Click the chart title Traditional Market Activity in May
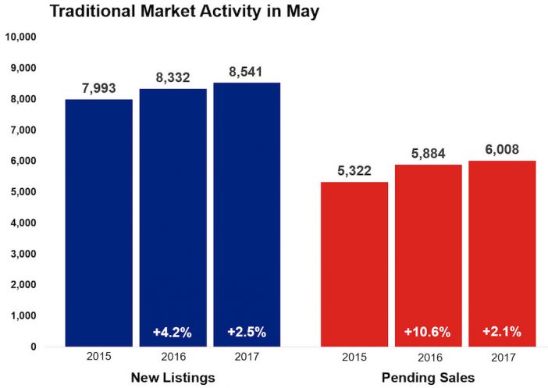[x=184, y=12]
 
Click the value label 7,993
[x=99, y=87]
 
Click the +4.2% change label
[x=173, y=332]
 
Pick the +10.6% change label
[x=427, y=332]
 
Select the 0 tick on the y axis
[x=34, y=346]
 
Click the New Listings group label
[x=173, y=378]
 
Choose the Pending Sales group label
[x=427, y=378]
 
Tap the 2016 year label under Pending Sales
[x=427, y=361]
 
